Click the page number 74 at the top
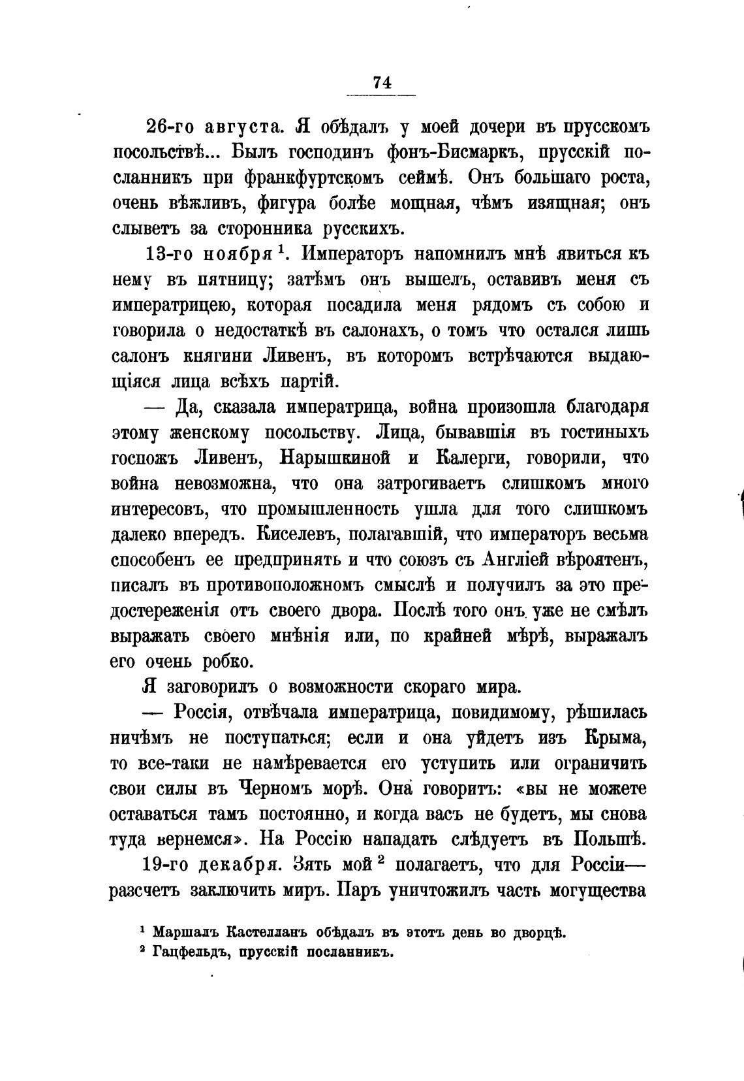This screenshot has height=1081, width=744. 382,83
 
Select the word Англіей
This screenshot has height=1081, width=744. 514,560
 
